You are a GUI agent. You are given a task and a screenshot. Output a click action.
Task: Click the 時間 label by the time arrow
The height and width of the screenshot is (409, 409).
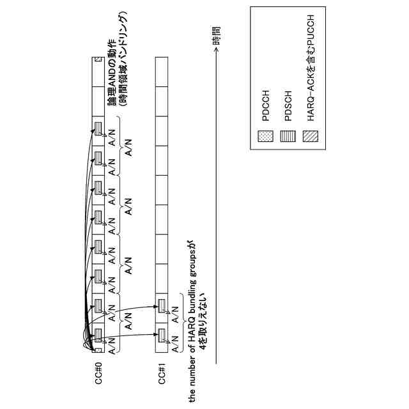coord(217,35)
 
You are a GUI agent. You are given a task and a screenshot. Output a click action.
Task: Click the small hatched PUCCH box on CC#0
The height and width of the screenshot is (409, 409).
coord(97,61)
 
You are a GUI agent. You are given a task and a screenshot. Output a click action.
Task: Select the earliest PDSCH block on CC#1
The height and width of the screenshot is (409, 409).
coord(162,336)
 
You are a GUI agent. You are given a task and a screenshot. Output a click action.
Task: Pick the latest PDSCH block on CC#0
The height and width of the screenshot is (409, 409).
coord(98,128)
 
